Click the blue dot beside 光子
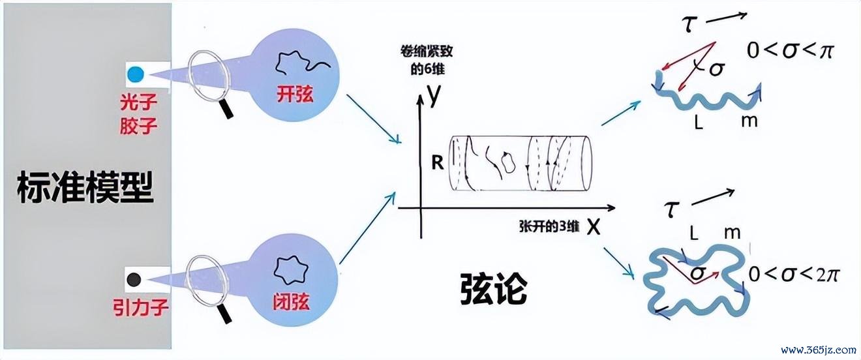136,74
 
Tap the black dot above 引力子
134,279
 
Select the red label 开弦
295,94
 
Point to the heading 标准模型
85,188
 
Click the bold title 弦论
493,290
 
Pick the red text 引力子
141,307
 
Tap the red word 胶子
138,125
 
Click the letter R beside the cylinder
438,163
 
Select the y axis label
434,95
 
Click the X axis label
594,228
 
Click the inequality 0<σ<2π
794,275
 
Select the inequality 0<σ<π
790,51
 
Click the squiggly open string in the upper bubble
302,62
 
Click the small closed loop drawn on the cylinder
507,162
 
